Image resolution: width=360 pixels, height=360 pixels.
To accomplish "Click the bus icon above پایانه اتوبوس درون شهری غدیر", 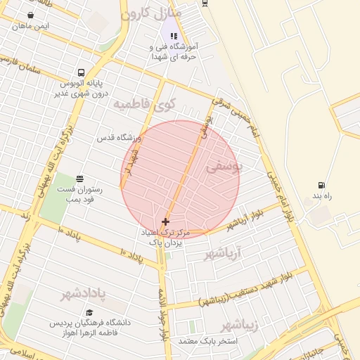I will point(82,72).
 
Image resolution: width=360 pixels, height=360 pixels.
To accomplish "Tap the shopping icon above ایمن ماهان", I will point(31,15).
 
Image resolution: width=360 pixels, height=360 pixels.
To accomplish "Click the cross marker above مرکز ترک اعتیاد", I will point(165,221).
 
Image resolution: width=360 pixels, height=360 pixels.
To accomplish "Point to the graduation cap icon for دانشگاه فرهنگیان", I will point(89,312).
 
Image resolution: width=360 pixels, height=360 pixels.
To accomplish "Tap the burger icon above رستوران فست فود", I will point(79,179).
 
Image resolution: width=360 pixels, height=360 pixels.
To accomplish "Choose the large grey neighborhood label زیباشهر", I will point(239,326).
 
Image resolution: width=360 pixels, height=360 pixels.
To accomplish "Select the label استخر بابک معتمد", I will point(208,341).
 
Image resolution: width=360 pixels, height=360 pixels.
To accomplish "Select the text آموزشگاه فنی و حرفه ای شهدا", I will point(174,51).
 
